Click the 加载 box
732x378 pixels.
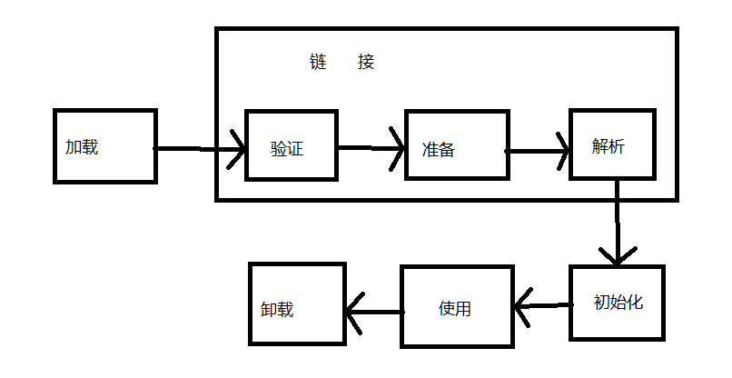pos(105,146)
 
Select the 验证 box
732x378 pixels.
pos(292,144)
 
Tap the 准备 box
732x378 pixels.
pos(457,144)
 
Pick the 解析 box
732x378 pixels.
pos(612,144)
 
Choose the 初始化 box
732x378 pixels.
pos(617,303)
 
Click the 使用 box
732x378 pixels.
pos(457,306)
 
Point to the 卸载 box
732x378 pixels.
pos(297,303)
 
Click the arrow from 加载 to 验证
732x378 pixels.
pos(199,149)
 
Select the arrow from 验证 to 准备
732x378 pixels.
pos(371,148)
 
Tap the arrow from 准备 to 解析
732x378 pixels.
pos(538,151)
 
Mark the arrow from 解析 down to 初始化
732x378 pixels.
pos(618,223)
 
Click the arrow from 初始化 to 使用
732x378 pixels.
pos(543,306)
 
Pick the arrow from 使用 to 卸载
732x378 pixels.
pos(374,312)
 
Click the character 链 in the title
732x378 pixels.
pos(318,62)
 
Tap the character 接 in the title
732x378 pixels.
pos(366,62)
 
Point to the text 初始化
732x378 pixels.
pos(618,303)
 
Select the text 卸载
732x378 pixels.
pos(277,309)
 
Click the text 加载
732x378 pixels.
pos(82,147)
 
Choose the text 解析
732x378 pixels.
pos(608,146)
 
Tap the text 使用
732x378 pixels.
pos(455,308)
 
